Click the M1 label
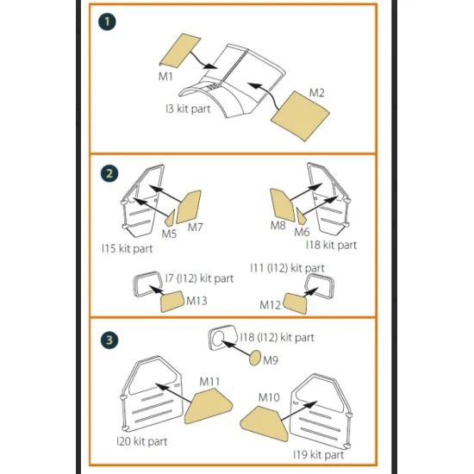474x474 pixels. pyautogui.click(x=165, y=77)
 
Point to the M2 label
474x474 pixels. pyautogui.click(x=317, y=92)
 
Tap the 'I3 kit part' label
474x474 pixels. pyautogui.click(x=189, y=109)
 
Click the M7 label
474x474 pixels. pyautogui.click(x=195, y=228)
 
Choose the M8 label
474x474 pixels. pyautogui.click(x=277, y=227)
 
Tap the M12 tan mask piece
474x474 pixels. pyautogui.click(x=298, y=304)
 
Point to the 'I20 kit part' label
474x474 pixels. pyautogui.click(x=142, y=441)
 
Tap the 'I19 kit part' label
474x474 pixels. pyautogui.click(x=318, y=454)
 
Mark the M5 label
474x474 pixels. pyautogui.click(x=169, y=234)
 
